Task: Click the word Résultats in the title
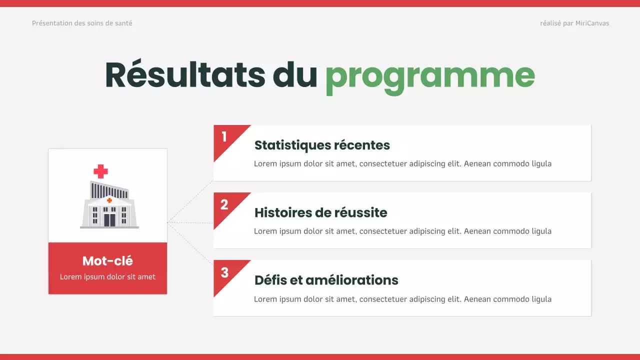click(x=185, y=75)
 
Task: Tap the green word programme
click(x=430, y=76)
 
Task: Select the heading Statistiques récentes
click(x=322, y=145)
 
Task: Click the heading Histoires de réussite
click(x=320, y=213)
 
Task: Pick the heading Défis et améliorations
click(x=326, y=280)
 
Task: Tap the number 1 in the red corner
click(x=224, y=136)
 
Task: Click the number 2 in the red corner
click(x=224, y=204)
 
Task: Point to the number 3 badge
click(x=224, y=272)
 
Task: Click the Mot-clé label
click(x=107, y=261)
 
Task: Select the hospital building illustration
click(x=109, y=205)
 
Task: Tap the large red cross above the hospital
click(x=100, y=171)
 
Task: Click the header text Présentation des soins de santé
click(x=82, y=23)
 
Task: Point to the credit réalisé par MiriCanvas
click(x=574, y=23)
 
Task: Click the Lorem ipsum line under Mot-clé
click(x=107, y=277)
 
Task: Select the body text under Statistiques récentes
click(x=402, y=163)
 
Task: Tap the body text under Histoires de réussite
click(x=402, y=231)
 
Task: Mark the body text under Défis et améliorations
click(x=402, y=299)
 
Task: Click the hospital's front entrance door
click(x=109, y=219)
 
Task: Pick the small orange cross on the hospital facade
click(x=109, y=200)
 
